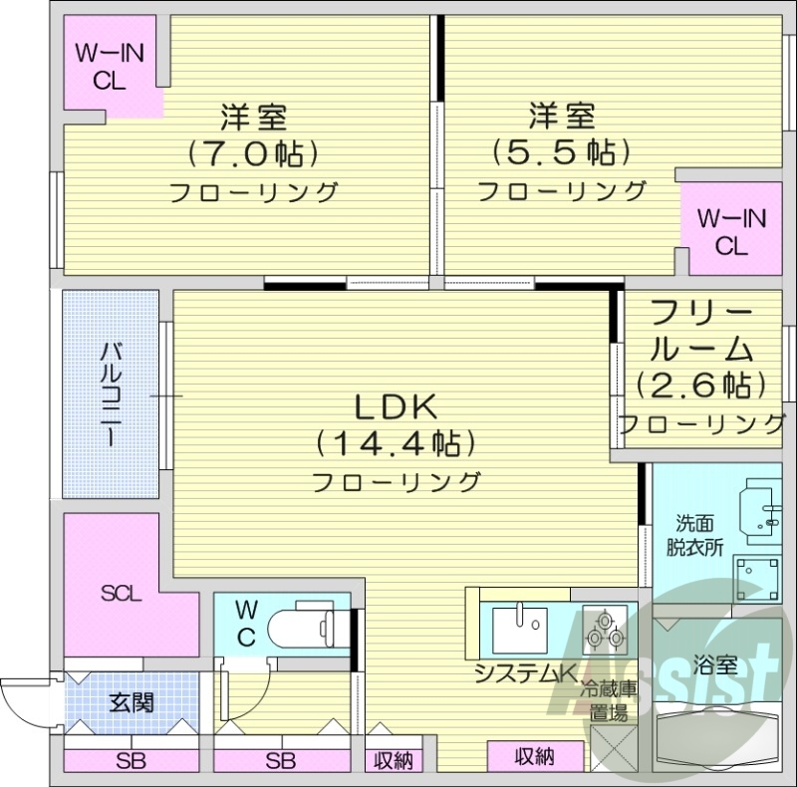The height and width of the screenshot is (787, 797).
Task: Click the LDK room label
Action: [396, 407]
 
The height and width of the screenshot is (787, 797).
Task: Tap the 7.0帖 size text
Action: [252, 153]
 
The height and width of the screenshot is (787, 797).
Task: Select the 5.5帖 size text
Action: [561, 151]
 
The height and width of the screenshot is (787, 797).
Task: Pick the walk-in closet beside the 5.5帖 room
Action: [731, 231]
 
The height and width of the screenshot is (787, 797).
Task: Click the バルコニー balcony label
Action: [111, 393]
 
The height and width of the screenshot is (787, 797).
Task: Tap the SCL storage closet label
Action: [122, 595]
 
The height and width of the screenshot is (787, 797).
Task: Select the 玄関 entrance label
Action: [132, 702]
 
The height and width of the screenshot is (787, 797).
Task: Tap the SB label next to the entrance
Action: [131, 762]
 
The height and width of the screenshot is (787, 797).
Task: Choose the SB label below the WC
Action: [280, 762]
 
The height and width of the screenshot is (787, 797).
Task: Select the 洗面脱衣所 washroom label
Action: [694, 534]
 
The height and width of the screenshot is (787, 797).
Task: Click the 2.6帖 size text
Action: [701, 383]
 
